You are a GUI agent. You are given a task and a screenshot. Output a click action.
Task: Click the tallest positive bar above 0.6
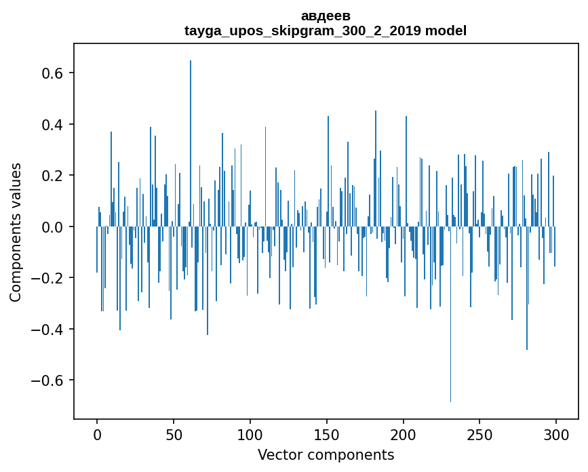click(191, 136)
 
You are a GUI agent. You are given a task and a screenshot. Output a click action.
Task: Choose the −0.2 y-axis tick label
click(50, 278)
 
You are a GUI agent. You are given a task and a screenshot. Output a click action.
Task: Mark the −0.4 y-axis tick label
click(50, 330)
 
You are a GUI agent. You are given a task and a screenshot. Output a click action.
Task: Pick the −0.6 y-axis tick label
click(50, 380)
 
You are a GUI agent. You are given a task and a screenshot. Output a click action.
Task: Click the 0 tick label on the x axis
click(97, 435)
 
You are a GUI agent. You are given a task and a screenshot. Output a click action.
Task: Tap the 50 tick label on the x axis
click(174, 435)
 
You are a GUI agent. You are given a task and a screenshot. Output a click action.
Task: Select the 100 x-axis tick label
click(250, 435)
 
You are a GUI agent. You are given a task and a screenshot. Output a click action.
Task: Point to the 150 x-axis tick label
click(327, 435)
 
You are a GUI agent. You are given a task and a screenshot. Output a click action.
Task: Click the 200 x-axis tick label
click(404, 435)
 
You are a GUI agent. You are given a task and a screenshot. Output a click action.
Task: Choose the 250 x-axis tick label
click(480, 435)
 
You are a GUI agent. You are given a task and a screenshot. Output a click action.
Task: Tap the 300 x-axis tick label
click(556, 435)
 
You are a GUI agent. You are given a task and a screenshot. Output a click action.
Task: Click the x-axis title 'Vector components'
click(326, 455)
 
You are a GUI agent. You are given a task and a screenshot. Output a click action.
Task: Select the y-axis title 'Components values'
click(16, 232)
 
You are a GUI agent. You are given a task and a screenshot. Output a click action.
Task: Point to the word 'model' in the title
click(446, 31)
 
